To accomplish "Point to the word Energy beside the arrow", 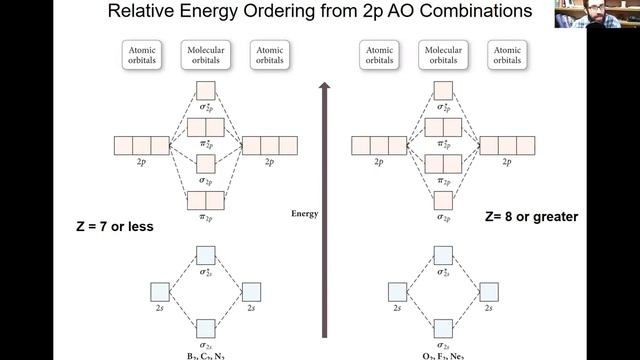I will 305,214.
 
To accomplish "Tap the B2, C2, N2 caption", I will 205,353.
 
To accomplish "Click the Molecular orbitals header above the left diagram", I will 205,54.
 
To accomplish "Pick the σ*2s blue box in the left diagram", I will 205,255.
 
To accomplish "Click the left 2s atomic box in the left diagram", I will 159,292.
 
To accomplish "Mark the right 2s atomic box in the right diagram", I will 489,292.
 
